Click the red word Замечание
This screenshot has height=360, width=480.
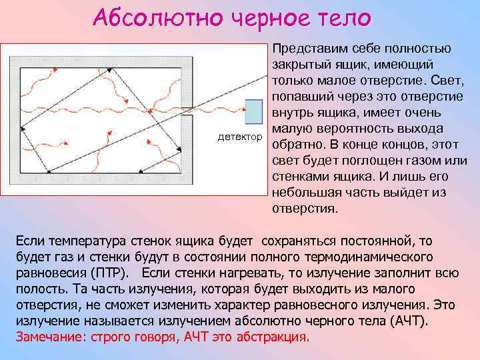tap(47, 337)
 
